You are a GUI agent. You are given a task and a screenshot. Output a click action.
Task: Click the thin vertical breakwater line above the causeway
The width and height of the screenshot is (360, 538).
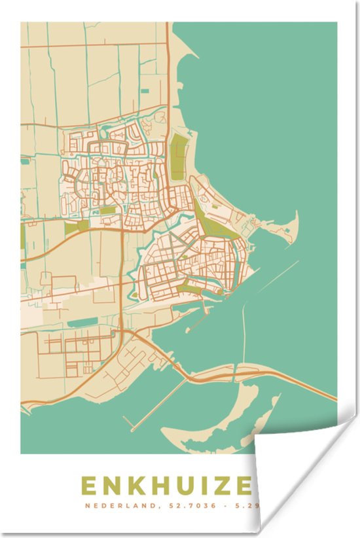(243, 334)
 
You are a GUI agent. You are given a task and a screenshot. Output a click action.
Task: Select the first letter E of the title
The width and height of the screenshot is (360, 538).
(88, 486)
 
